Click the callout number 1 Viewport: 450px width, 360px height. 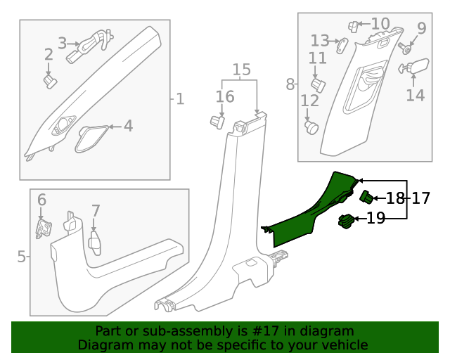click(x=180, y=98)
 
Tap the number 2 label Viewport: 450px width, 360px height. click(x=49, y=54)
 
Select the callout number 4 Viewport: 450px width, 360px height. click(x=128, y=126)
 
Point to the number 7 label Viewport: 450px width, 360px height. click(x=96, y=210)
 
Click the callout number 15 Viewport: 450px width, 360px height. click(x=241, y=70)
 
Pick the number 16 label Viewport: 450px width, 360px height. click(x=225, y=97)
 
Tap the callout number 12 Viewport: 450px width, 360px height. click(x=310, y=101)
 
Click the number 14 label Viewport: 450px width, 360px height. click(x=416, y=94)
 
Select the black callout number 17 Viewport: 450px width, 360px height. click(x=420, y=198)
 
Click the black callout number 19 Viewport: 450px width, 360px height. click(x=376, y=218)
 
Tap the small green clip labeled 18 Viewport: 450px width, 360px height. click(x=366, y=196)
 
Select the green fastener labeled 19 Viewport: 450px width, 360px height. click(x=346, y=221)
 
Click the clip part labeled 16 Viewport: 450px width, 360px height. click(x=217, y=122)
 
